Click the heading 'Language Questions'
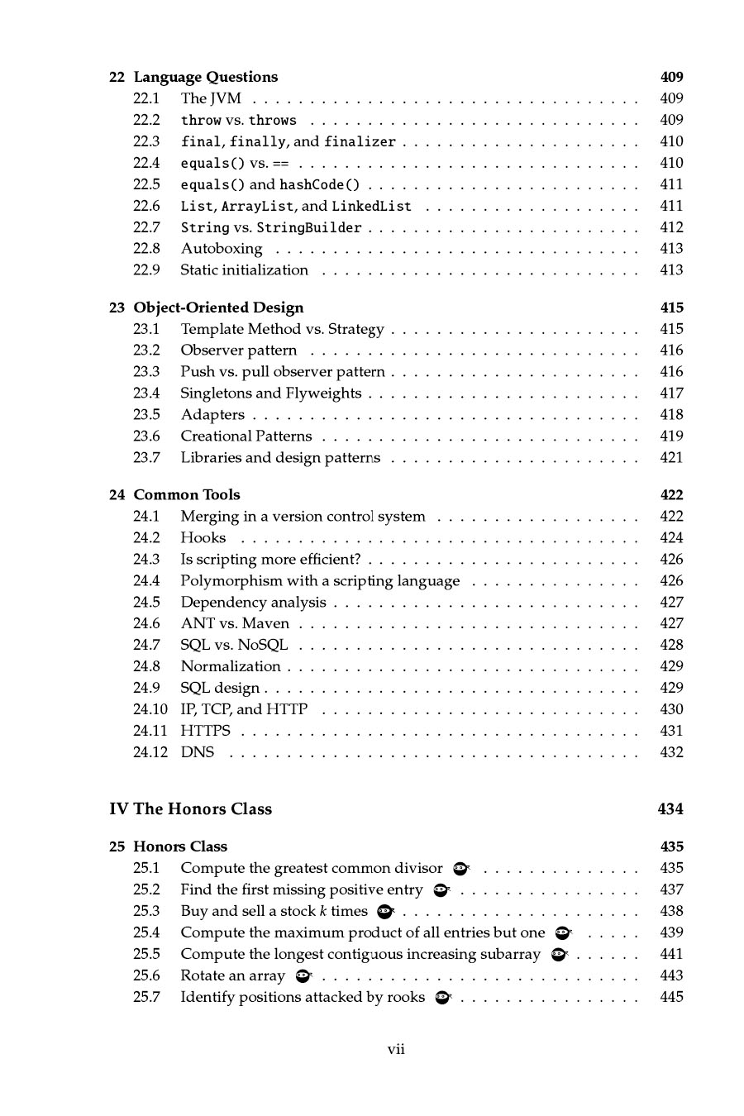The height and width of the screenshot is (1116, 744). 206,77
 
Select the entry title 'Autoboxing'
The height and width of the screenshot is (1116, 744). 222,249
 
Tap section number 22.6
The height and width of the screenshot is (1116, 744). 146,206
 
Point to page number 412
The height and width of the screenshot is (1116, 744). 671,227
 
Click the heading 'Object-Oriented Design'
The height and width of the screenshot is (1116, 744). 218,308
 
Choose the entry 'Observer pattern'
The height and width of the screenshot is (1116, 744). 238,351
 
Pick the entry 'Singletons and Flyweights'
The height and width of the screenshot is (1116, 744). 270,393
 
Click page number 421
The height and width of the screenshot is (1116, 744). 671,457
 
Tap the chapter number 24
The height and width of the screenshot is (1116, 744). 117,495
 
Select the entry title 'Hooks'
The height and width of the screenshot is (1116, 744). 203,538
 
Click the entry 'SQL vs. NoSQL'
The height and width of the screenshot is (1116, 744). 234,645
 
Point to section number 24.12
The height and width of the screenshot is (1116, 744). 150,752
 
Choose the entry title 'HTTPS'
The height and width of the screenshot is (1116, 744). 205,731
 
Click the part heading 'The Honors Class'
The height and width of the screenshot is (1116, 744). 203,809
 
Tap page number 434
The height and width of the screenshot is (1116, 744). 670,809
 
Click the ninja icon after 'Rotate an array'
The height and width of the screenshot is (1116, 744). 303,976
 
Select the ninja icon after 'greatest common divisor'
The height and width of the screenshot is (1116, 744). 461,869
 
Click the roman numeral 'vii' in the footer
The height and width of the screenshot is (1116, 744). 396,1050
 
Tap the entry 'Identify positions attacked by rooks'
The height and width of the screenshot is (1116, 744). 303,997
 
